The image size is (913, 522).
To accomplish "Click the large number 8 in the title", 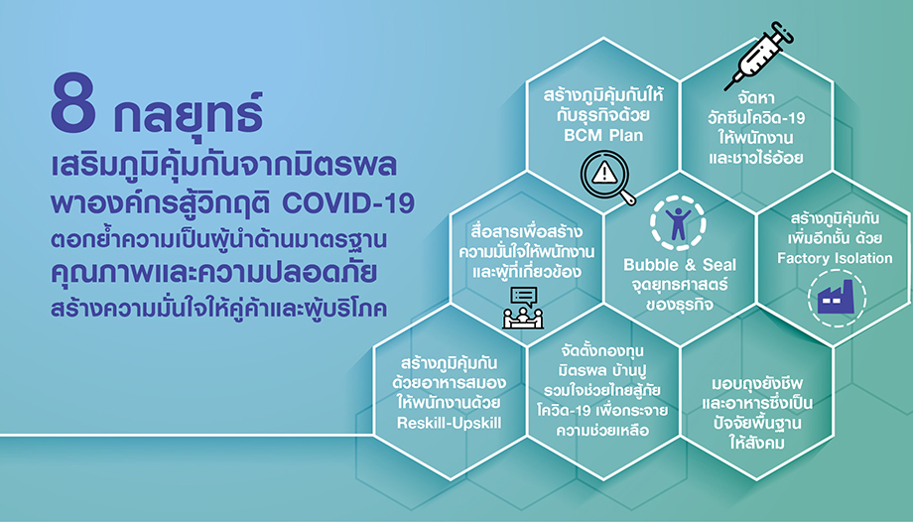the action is coord(72,102).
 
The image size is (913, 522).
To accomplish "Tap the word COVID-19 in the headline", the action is coord(348,203).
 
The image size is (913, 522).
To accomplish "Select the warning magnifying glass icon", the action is coord(608,177).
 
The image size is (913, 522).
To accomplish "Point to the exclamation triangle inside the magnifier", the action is coord(605,173).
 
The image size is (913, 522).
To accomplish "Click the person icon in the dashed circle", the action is coord(679,223).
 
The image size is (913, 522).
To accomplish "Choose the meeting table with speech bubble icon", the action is coord(522,309).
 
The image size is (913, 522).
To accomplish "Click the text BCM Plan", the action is coord(603,135).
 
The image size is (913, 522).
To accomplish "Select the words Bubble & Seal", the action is coord(680,265).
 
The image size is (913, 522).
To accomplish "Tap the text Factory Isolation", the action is coord(835,258).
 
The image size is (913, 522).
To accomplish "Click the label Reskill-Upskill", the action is coord(449,423).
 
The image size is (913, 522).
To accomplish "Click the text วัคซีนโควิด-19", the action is coord(756,118).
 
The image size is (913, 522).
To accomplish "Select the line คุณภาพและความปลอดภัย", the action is coord(213,274).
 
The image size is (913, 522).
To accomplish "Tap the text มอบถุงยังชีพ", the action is coord(757,384).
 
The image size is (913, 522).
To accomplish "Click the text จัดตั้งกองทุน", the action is coord(602,350).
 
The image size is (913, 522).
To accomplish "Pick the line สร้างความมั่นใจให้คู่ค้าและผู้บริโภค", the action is coord(218,309).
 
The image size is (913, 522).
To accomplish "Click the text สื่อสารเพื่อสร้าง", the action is coord(526,231).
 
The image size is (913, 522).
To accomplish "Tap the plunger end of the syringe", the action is coord(786,31).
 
